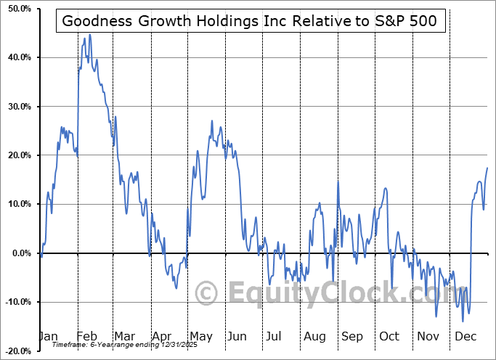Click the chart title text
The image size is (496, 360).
(x=250, y=20)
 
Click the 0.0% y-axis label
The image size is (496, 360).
(x=19, y=253)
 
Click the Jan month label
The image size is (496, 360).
(x=47, y=337)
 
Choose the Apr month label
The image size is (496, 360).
(x=160, y=337)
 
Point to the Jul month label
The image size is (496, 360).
(x=275, y=337)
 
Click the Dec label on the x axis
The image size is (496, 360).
(x=465, y=337)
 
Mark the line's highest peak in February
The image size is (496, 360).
(x=89, y=34)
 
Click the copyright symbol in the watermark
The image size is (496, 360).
(x=208, y=292)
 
